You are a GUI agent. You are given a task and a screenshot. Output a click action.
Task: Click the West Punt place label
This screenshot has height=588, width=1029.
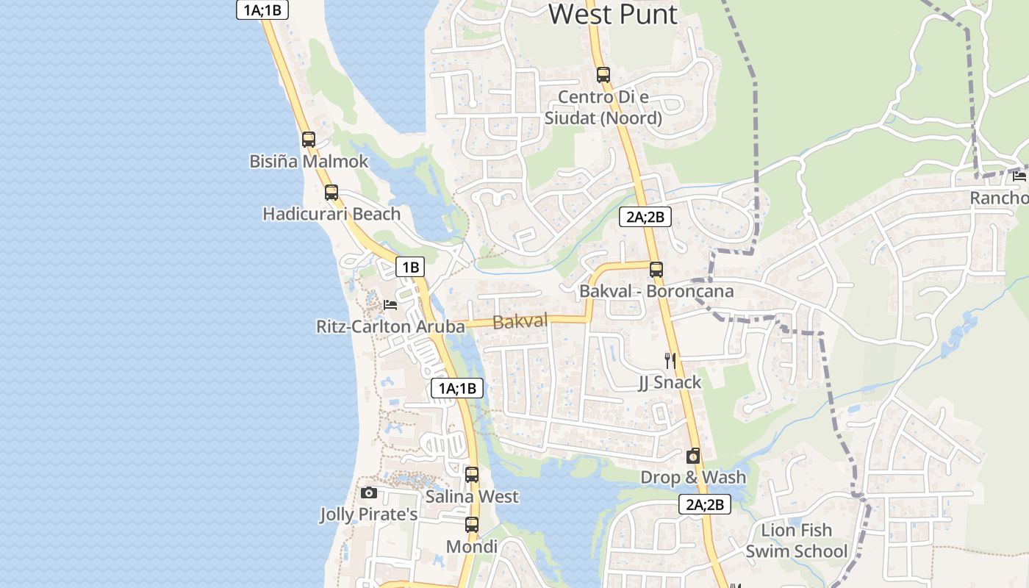(x=612, y=14)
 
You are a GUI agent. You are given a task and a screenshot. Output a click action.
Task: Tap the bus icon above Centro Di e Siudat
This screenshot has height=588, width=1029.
(x=603, y=74)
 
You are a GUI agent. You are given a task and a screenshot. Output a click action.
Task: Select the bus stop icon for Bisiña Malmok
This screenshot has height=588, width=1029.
(x=309, y=140)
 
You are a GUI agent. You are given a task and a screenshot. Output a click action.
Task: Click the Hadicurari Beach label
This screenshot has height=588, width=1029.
(x=331, y=214)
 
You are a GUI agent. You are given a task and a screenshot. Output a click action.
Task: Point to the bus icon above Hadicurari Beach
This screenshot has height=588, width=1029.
(x=331, y=193)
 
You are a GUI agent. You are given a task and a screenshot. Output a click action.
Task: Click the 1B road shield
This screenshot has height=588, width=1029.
(x=410, y=267)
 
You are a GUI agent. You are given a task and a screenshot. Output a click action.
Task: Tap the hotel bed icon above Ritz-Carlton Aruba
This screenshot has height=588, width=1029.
(x=390, y=304)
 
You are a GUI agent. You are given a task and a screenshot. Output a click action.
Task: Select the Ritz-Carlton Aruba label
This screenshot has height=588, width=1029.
(x=390, y=326)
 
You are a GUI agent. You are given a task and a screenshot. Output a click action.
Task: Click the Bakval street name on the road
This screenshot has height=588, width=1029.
(x=520, y=321)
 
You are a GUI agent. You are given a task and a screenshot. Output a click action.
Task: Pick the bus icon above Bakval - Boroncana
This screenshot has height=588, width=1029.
(x=656, y=270)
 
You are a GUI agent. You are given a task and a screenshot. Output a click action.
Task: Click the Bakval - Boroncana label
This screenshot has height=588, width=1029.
(x=656, y=291)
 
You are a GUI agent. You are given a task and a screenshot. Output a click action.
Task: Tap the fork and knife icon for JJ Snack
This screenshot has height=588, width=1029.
(x=670, y=360)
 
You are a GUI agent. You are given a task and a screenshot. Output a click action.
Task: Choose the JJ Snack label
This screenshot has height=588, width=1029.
(x=670, y=382)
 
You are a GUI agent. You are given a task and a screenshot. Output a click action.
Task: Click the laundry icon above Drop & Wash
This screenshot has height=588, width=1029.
(x=693, y=456)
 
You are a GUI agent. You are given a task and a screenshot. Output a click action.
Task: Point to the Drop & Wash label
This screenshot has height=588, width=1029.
(x=693, y=478)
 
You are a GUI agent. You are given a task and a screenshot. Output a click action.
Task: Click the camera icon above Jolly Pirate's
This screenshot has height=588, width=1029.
(x=369, y=492)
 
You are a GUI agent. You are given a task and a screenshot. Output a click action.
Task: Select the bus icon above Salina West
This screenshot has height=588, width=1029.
(x=472, y=475)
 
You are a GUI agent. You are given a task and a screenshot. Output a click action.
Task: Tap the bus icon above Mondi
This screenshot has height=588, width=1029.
(x=472, y=525)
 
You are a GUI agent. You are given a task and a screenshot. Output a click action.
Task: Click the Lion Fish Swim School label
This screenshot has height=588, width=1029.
(x=797, y=540)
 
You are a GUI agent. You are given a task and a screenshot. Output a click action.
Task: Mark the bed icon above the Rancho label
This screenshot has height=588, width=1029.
(x=1019, y=176)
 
